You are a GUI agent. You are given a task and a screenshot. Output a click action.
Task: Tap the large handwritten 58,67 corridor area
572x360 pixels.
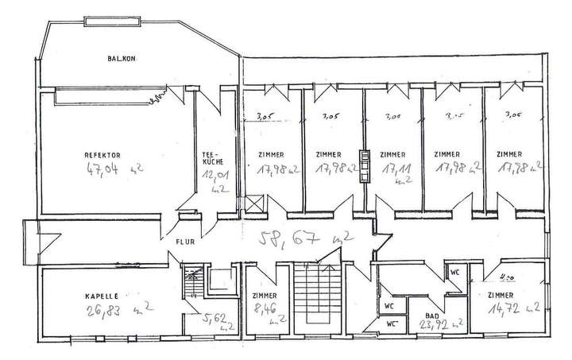tap(295, 236)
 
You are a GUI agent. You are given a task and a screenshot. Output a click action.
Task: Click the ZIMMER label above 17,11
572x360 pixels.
tap(393, 154)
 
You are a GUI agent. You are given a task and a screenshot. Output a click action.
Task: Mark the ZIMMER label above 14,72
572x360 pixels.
tap(507, 294)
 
